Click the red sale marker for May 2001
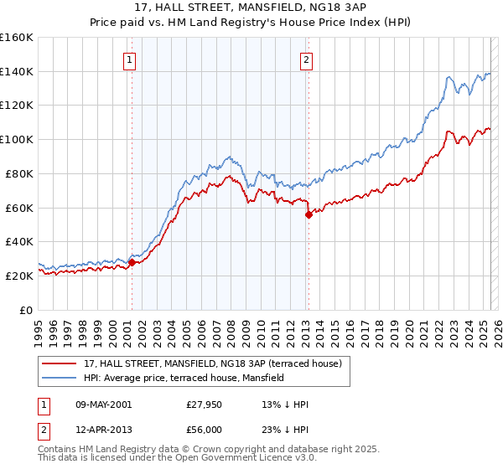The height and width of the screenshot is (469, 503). pyautogui.click(x=132, y=262)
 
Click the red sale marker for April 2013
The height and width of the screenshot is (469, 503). pyautogui.click(x=309, y=214)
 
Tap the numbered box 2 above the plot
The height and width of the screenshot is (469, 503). pyautogui.click(x=307, y=59)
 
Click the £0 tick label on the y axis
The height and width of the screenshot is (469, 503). pyautogui.click(x=28, y=310)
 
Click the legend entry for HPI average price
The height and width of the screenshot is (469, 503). pyautogui.click(x=184, y=378)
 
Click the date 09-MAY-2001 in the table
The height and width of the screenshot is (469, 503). pyautogui.click(x=101, y=405)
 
